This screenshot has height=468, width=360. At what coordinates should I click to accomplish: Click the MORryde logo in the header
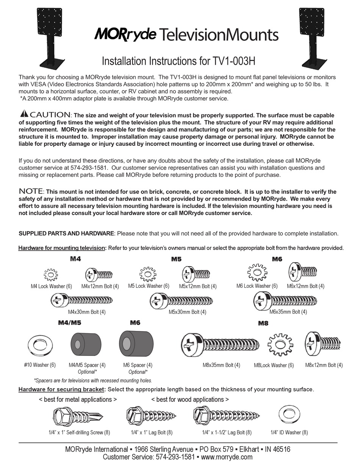125,34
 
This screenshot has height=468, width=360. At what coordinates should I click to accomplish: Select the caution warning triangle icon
24,114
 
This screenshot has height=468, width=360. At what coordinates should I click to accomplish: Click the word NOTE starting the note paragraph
31,191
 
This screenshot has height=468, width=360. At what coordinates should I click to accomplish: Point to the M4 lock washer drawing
51,274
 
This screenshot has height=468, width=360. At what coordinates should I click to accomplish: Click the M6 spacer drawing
136,344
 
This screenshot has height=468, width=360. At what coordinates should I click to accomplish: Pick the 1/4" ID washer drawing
288,416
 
